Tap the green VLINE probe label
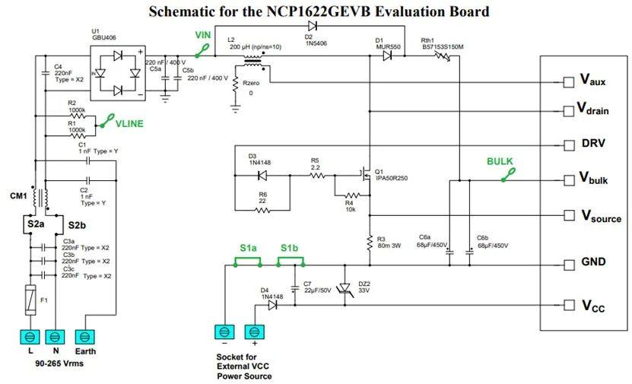pyautogui.click(x=129, y=122)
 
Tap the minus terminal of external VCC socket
pyautogui.click(x=224, y=332)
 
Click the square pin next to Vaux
pyautogui.click(x=567, y=81)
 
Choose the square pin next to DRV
pyautogui.click(x=567, y=145)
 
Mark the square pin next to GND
pyautogui.click(x=567, y=265)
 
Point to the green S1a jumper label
pyautogui.click(x=248, y=249)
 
